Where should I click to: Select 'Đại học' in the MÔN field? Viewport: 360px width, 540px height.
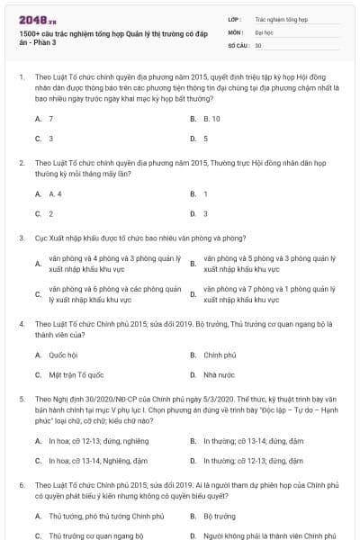coord(264,31)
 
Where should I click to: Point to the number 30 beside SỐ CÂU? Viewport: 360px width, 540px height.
coord(258,45)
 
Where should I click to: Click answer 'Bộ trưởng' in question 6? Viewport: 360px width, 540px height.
coord(219,517)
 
